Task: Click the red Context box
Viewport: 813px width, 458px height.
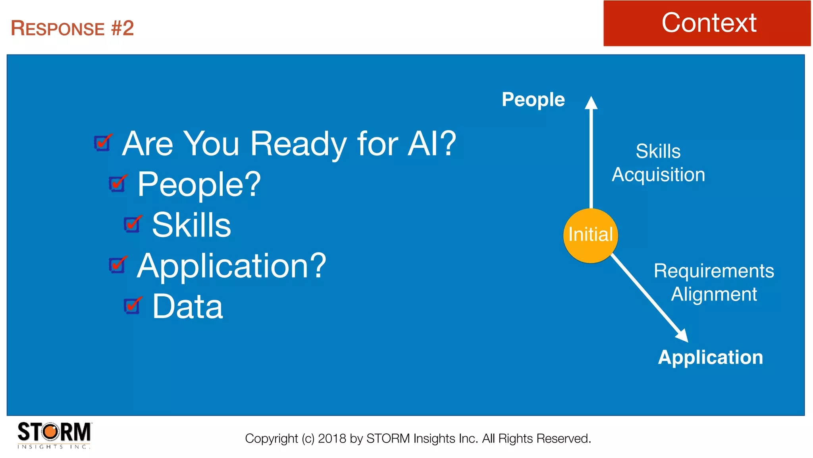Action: click(x=707, y=23)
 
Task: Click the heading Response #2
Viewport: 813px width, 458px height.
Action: click(x=72, y=28)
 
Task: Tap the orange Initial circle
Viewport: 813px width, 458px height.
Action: click(x=590, y=235)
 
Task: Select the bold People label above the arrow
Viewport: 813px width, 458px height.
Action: click(x=533, y=99)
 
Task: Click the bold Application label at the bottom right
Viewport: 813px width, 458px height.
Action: click(x=710, y=357)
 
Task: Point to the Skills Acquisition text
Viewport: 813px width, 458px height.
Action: click(x=658, y=163)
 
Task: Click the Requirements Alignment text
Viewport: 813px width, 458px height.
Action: click(x=713, y=282)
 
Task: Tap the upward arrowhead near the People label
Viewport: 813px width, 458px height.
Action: click(x=591, y=103)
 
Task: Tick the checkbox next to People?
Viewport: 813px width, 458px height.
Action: click(x=118, y=184)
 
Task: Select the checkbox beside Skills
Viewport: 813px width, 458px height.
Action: click(x=132, y=225)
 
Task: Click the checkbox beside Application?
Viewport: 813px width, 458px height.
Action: click(x=118, y=265)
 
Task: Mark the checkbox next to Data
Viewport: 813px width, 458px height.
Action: click(x=132, y=306)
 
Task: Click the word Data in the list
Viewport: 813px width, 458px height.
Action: click(x=188, y=307)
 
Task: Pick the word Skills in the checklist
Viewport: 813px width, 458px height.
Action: click(x=191, y=225)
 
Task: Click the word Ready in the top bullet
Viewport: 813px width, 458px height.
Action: click(x=299, y=144)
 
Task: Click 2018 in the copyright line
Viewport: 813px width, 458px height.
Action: click(x=332, y=439)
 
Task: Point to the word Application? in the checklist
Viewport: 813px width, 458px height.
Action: click(x=231, y=266)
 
